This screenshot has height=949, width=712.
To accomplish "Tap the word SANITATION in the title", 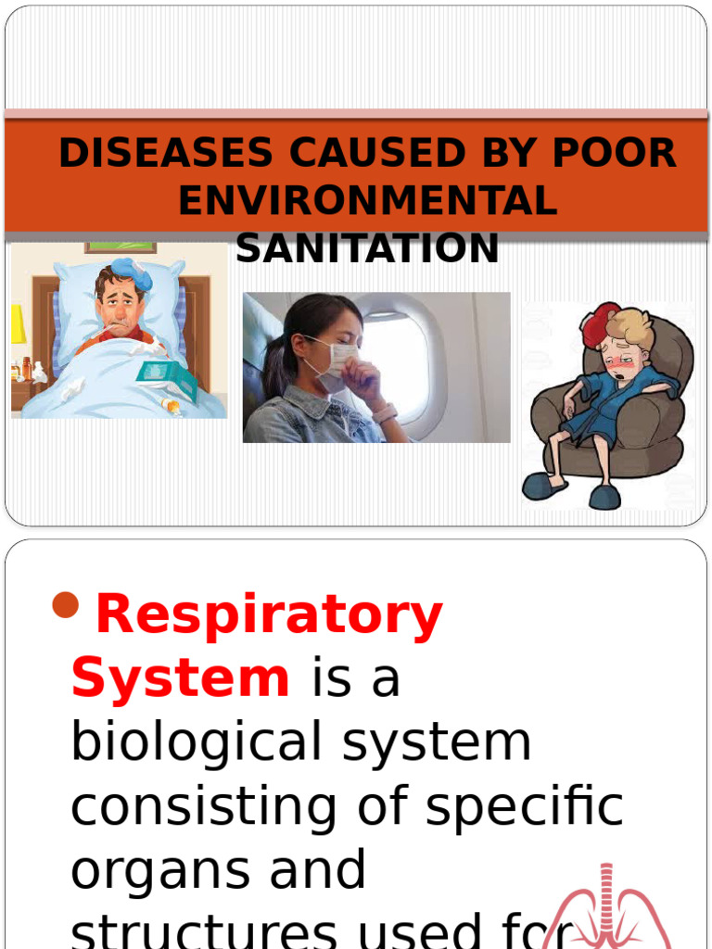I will [367, 248].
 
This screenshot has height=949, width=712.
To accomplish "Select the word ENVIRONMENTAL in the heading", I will [367, 201].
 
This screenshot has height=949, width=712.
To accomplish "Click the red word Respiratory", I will [269, 615].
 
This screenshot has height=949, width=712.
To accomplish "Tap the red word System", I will [180, 678].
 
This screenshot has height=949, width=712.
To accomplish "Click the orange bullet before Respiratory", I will [66, 607].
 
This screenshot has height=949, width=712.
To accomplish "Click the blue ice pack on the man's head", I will [132, 273].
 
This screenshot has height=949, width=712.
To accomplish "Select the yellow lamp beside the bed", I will [18, 325].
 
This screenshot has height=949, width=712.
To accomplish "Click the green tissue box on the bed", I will [166, 379].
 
